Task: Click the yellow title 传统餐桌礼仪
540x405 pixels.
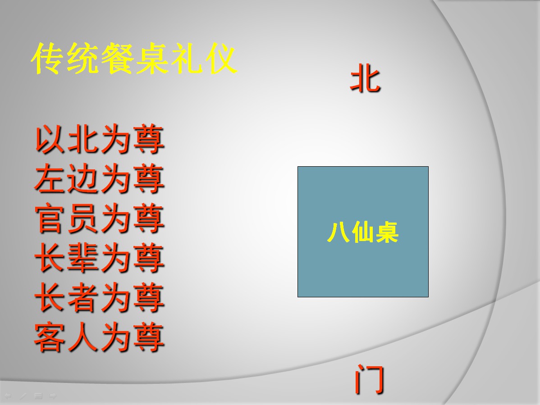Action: click(x=134, y=59)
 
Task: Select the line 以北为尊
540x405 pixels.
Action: click(x=99, y=139)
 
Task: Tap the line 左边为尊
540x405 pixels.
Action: click(x=99, y=178)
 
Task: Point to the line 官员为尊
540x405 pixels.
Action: click(x=99, y=218)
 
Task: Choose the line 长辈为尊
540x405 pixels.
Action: click(x=99, y=258)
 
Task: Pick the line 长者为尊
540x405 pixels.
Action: click(x=99, y=297)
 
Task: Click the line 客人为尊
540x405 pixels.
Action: click(x=99, y=337)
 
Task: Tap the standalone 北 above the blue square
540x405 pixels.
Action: click(x=366, y=78)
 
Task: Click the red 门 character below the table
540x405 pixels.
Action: click(x=370, y=379)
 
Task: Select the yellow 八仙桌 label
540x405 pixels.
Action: click(x=363, y=232)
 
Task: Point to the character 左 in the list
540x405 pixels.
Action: click(x=50, y=178)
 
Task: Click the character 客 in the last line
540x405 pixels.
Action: click(x=50, y=337)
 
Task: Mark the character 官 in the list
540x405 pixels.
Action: click(x=50, y=218)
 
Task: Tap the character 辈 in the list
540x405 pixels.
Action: click(x=82, y=258)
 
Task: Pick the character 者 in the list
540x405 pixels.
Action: click(x=82, y=297)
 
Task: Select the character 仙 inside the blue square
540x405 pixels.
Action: click(x=363, y=232)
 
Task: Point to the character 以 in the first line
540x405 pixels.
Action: click(x=50, y=139)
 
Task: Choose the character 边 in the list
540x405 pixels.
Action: click(x=82, y=178)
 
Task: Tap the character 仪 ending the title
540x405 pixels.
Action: click(x=221, y=59)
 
